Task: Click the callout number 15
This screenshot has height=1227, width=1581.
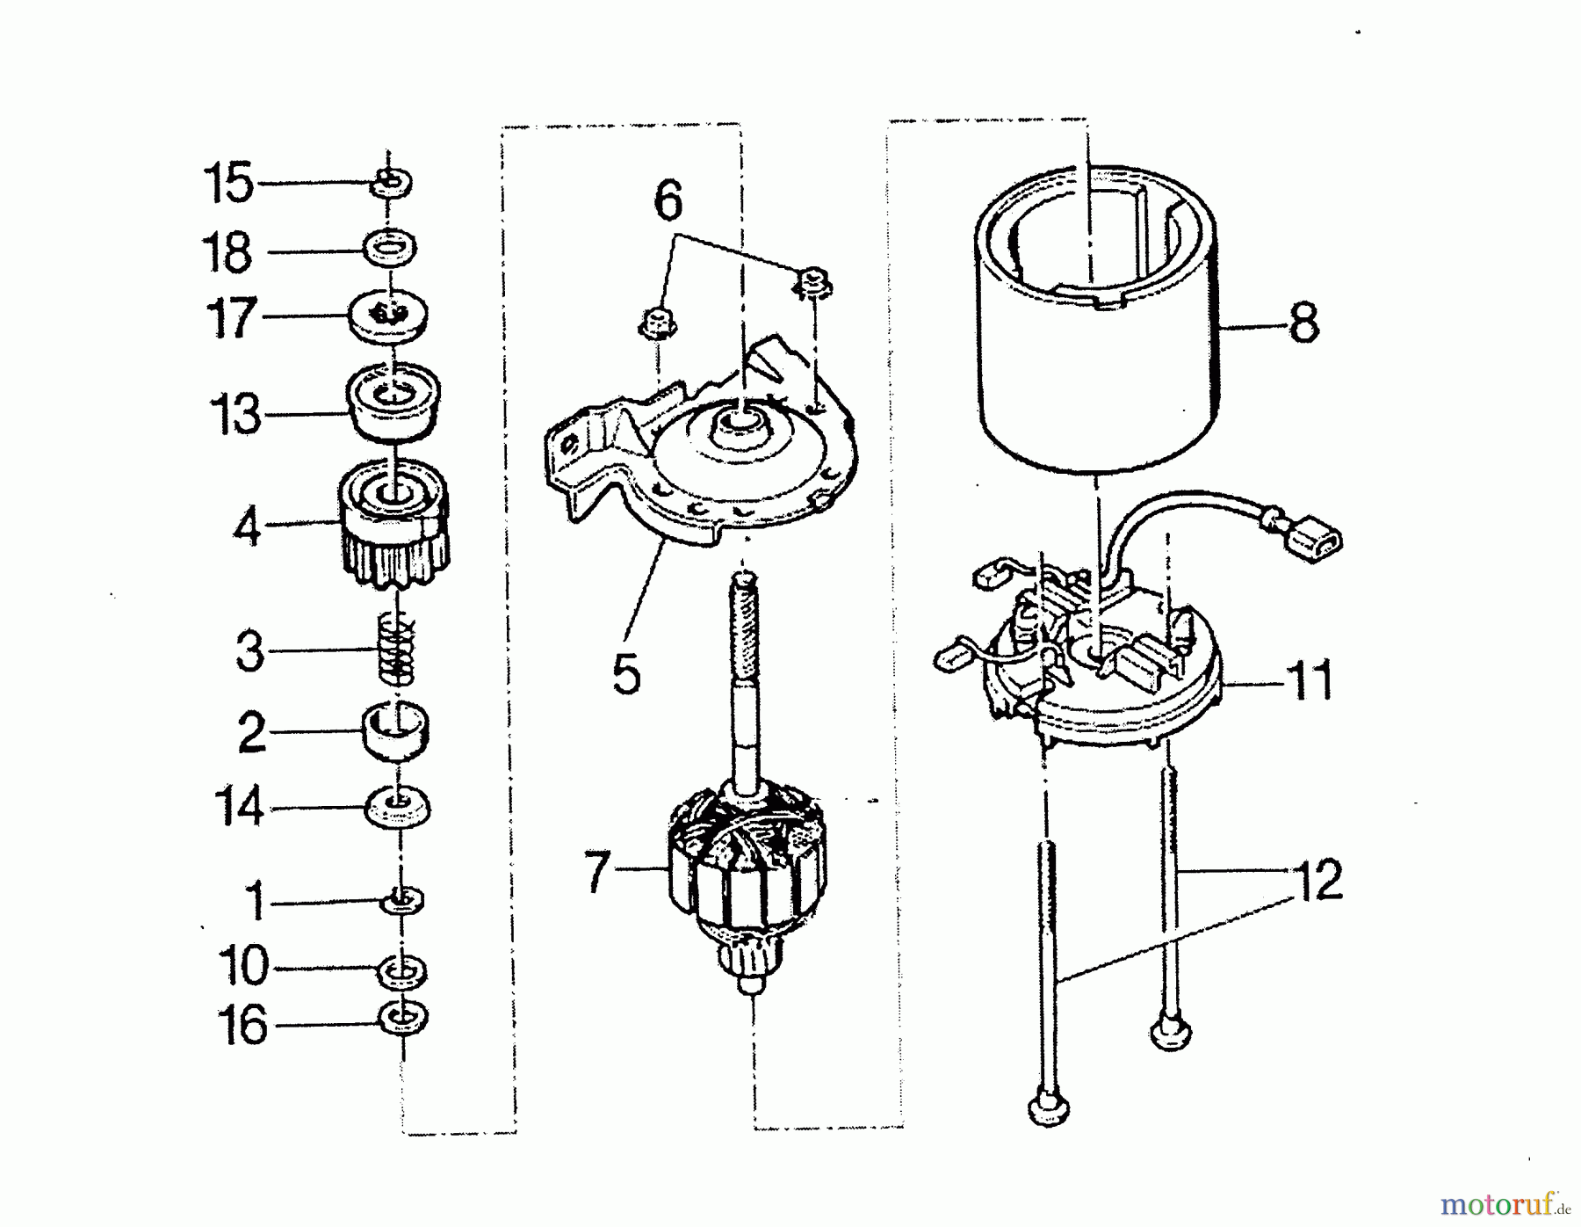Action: [x=227, y=183]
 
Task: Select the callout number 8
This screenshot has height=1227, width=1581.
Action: [x=1303, y=323]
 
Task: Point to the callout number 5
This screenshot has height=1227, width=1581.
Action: [x=626, y=675]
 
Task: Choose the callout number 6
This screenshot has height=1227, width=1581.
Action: [x=668, y=200]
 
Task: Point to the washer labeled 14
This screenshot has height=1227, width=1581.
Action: [x=397, y=807]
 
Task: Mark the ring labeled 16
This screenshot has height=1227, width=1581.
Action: [x=402, y=1019]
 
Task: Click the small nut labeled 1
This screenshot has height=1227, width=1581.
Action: [x=404, y=900]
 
